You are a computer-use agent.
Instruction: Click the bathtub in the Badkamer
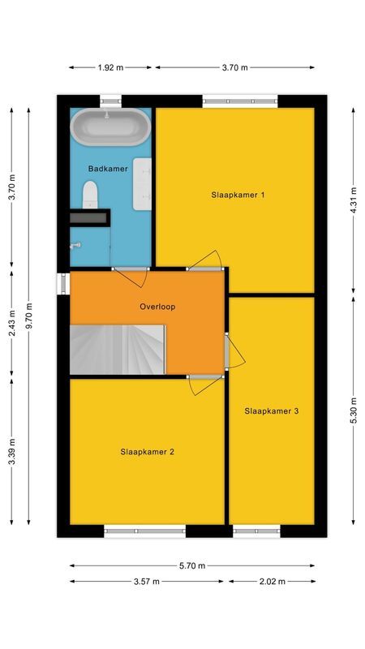tap(110, 127)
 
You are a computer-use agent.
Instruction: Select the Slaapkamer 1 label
tap(238, 195)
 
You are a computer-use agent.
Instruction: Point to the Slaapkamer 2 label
tap(147, 452)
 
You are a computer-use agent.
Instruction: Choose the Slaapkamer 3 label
tap(272, 411)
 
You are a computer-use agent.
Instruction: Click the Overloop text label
tap(157, 307)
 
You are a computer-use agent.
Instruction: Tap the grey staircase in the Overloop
tap(118, 349)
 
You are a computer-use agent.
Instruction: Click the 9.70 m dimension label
tap(29, 316)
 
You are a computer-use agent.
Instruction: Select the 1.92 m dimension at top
tap(111, 67)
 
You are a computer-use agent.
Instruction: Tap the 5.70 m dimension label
tap(191, 565)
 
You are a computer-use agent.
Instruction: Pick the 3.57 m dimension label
tap(148, 582)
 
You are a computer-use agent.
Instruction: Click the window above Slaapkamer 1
tap(240, 101)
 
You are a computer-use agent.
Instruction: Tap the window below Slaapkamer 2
tap(145, 531)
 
